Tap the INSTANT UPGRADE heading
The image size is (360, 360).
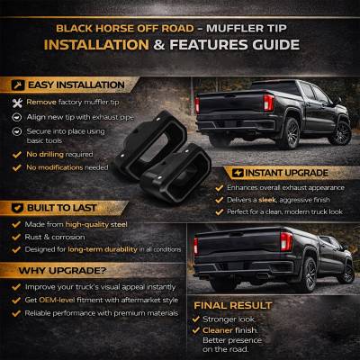point(268,167)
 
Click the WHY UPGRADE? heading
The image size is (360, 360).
point(59,269)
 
